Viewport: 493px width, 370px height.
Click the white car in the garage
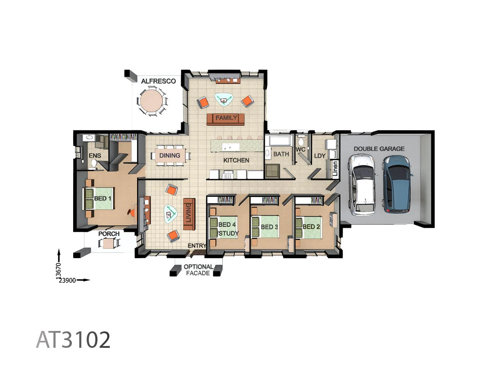[x=362, y=185]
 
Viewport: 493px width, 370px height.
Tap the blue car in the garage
[x=397, y=184]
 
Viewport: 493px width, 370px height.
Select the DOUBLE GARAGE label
[x=379, y=149]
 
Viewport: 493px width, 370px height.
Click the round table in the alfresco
[x=151, y=101]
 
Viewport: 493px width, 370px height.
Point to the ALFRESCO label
[x=158, y=81]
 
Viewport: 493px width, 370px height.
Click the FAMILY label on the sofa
[x=226, y=118]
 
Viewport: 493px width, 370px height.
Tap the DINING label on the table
[x=170, y=155]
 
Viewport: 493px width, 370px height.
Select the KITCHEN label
[x=236, y=160]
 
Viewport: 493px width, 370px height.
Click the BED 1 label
[x=103, y=199]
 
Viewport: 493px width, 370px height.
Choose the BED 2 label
[x=311, y=227]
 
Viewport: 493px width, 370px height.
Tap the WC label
[x=301, y=150]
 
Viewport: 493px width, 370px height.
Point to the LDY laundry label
[x=320, y=156]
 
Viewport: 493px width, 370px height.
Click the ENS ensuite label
[x=95, y=156]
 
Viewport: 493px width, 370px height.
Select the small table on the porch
[x=109, y=243]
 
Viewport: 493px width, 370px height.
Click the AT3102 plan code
[x=73, y=340]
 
